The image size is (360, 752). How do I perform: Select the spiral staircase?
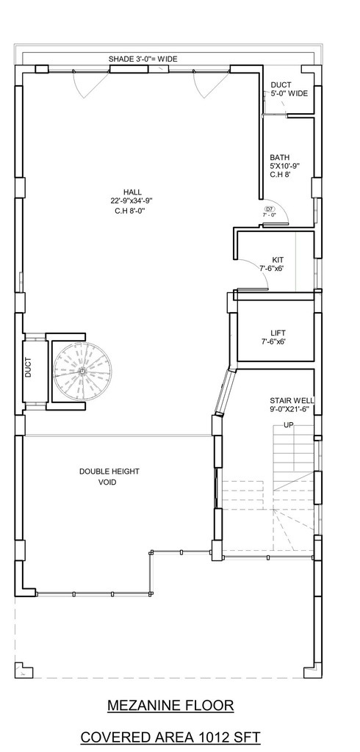click(x=82, y=371)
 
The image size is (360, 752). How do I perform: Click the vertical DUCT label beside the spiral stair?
click(x=29, y=367)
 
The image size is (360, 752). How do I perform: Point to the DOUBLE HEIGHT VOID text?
click(x=109, y=477)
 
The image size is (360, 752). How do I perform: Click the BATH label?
click(x=279, y=157)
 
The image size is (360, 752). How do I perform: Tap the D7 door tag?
click(x=269, y=209)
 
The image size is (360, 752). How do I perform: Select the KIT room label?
click(x=278, y=260)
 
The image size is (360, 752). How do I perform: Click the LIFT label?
click(x=278, y=333)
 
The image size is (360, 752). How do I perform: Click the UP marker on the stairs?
click(x=289, y=425)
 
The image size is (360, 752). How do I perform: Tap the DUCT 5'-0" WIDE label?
click(x=289, y=89)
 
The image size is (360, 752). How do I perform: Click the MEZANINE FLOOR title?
click(x=170, y=706)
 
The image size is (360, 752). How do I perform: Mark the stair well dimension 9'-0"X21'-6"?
click(x=289, y=409)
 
